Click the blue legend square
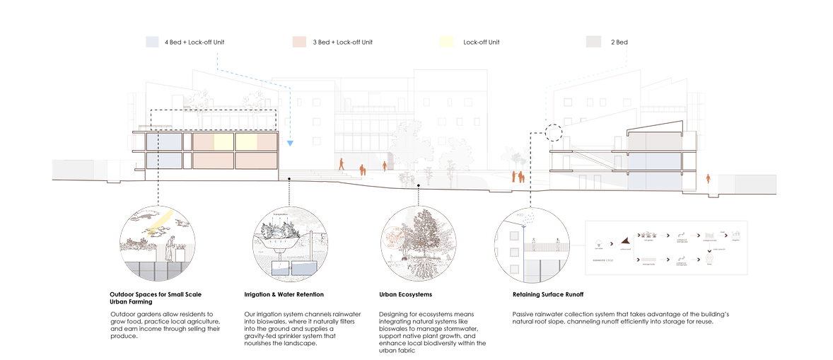pyautogui.click(x=152, y=42)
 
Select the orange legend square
pyautogui.click(x=300, y=42)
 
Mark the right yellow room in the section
pyautogui.click(x=247, y=142)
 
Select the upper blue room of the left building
pyautogui.click(x=163, y=142)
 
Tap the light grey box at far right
pyautogui.click(x=748, y=183)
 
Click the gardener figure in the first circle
pyautogui.click(x=170, y=248)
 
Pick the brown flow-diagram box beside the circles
pyautogui.click(x=666, y=248)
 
